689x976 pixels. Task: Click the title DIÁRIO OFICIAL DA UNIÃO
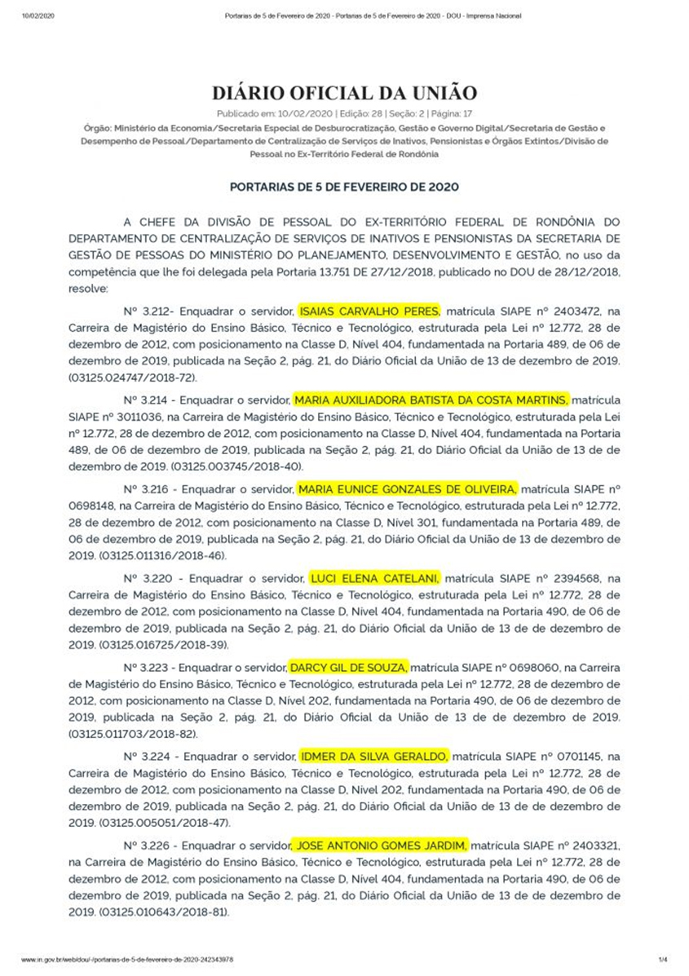(344, 92)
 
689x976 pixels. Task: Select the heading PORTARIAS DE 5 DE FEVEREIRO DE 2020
(344, 187)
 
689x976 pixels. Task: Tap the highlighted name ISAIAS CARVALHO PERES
(369, 311)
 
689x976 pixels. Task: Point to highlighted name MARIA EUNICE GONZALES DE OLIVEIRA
(406, 489)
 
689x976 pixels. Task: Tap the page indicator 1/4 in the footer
(662, 961)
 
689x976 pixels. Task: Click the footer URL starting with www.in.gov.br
(126, 961)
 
